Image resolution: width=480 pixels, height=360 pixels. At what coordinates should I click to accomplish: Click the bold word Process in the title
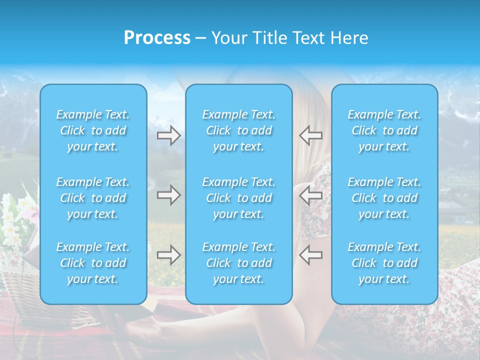(157, 38)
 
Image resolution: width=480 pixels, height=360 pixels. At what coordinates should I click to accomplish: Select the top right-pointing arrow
(169, 135)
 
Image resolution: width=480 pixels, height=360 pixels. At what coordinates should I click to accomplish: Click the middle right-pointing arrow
(169, 195)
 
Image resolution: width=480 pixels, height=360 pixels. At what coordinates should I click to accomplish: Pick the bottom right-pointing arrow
(169, 255)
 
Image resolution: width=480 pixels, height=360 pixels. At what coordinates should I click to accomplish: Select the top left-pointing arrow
(310, 135)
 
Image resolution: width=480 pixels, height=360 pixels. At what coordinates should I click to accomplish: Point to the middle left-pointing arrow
(310, 195)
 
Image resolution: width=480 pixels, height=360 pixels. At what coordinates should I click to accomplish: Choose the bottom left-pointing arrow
(310, 255)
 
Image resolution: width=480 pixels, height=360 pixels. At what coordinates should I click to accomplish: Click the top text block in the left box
(93, 130)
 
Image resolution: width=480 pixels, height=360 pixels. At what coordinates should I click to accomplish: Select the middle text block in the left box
(93, 198)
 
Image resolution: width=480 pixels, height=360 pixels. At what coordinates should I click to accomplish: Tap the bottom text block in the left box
(93, 263)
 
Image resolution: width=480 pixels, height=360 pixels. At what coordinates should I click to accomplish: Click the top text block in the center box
(239, 130)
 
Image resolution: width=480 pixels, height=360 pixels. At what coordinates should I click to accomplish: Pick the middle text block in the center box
(239, 198)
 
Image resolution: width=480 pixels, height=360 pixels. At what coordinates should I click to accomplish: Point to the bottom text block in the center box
(239, 263)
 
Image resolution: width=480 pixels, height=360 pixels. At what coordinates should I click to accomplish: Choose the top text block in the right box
(384, 130)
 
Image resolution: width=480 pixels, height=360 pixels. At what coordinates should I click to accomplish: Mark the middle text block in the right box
(384, 198)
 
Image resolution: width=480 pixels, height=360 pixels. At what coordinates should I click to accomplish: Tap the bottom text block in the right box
(384, 263)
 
